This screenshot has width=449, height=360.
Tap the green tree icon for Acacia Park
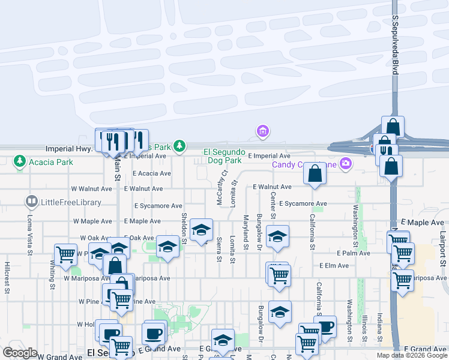pos(20,161)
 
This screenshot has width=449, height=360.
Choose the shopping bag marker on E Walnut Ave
pos(315,174)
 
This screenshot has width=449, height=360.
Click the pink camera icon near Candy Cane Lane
pos(345,163)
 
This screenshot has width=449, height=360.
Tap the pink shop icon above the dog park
pos(262,130)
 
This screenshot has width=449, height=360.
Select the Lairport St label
pos(443,249)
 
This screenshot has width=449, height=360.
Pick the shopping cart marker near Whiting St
pos(65,254)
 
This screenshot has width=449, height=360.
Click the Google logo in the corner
pos(20,352)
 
